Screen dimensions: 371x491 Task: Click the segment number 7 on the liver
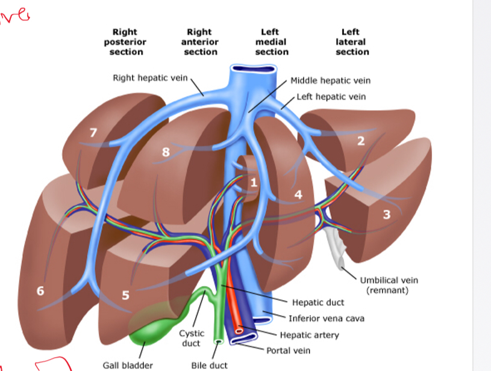click(x=93, y=132)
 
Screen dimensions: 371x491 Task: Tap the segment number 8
click(x=165, y=152)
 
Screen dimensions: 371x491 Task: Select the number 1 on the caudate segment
click(x=254, y=182)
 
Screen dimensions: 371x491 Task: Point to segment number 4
click(x=298, y=195)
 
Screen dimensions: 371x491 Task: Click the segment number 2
click(x=361, y=141)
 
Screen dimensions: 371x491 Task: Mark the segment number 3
click(x=387, y=214)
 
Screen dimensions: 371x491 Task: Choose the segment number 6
click(x=40, y=291)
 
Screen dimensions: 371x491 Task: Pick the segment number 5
click(x=126, y=295)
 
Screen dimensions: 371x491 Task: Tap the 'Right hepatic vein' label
click(x=151, y=78)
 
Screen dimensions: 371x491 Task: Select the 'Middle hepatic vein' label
click(x=330, y=81)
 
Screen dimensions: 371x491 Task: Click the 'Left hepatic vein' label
click(x=331, y=97)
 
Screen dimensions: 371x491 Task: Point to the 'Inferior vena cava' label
click(x=326, y=319)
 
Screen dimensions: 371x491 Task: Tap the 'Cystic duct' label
click(x=192, y=338)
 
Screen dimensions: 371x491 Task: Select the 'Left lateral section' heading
click(x=352, y=42)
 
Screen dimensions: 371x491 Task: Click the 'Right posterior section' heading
click(x=125, y=42)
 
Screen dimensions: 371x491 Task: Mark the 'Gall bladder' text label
click(x=128, y=365)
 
